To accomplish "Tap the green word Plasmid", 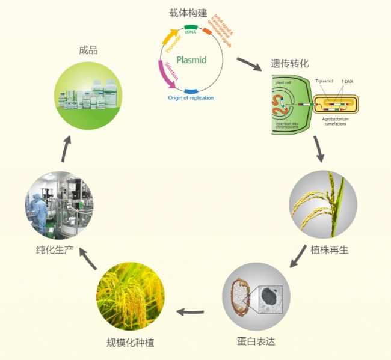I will coord(192,59).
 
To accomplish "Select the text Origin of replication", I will coord(191,97).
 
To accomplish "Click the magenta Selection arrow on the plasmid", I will coord(167,79).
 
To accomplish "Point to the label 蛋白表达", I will coord(257,342).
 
